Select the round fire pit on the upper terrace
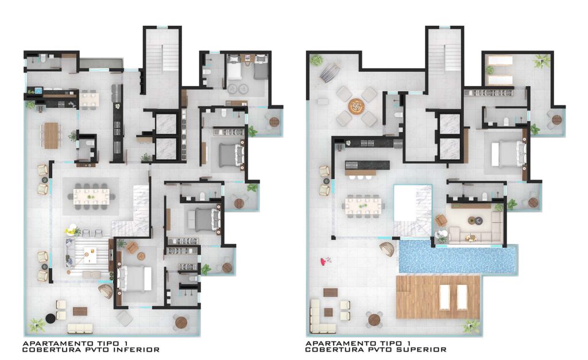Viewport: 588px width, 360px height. (x=356, y=106)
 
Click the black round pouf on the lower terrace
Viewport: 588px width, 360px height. (x=51, y=319)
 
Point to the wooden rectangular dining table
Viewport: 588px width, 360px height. (x=51, y=136)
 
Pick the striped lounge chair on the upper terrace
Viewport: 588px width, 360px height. (x=330, y=72)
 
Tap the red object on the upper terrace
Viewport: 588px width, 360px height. (x=325, y=261)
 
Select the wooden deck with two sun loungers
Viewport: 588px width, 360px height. (x=438, y=297)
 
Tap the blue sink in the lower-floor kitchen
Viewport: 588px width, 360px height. (x=38, y=90)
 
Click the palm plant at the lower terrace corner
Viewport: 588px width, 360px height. (x=37, y=325)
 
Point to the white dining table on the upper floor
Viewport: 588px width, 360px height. (x=363, y=206)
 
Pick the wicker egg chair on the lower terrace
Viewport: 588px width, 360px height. (x=106, y=291)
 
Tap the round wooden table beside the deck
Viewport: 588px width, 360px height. (x=374, y=319)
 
